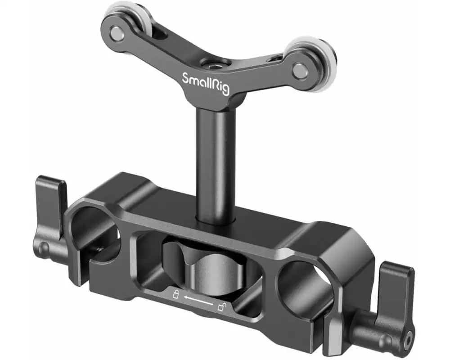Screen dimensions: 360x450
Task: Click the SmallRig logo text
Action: [205, 83]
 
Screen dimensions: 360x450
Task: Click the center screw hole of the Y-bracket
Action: [210, 63]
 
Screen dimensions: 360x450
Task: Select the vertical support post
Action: [216, 162]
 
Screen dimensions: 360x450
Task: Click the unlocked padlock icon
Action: [222, 307]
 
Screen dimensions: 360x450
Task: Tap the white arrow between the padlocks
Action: [198, 301]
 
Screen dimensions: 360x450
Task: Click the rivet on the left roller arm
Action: [116, 32]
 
